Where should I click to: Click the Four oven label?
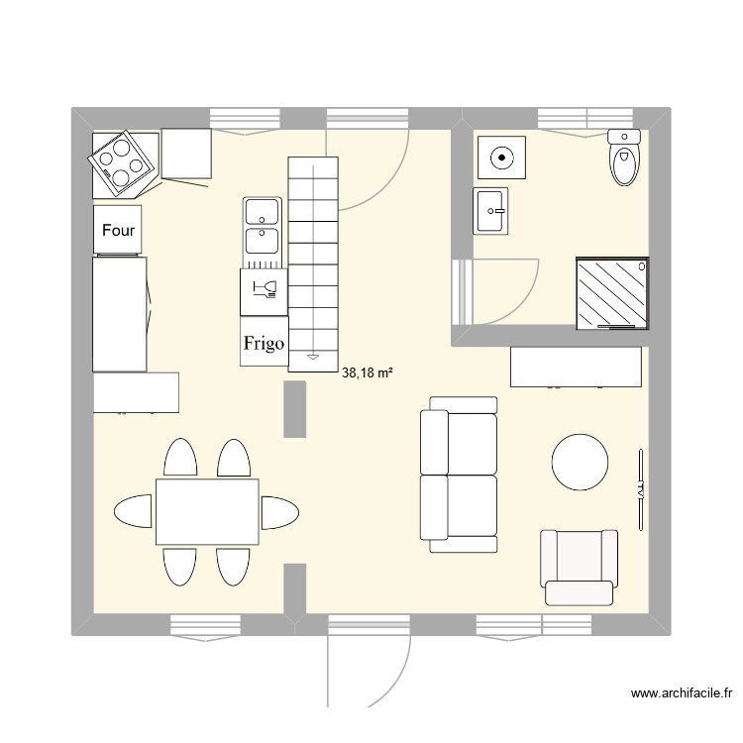click(119, 231)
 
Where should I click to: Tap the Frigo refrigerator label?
click(264, 344)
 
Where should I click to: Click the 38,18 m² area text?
click(368, 373)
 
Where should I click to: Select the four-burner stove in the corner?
click(122, 161)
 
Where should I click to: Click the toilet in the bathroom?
click(623, 159)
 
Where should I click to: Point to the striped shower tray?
click(613, 293)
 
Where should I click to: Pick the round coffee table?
click(580, 462)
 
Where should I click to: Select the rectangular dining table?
click(207, 511)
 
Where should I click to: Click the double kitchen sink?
click(263, 227)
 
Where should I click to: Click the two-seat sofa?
click(460, 474)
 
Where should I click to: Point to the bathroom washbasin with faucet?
click(492, 211)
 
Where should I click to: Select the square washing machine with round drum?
click(503, 158)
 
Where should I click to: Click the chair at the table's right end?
click(278, 511)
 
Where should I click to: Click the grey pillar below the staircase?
click(294, 408)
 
